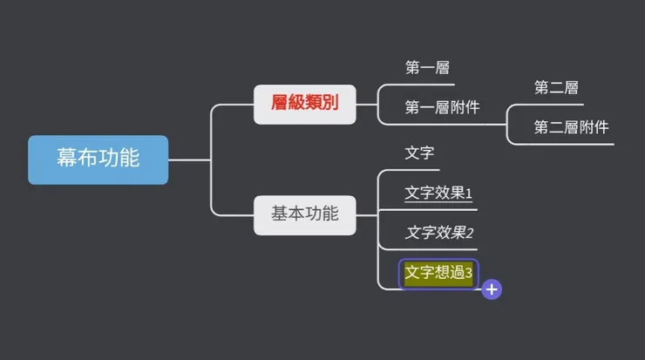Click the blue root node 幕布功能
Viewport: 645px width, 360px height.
coord(98,159)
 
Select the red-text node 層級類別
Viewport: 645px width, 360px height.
coord(305,104)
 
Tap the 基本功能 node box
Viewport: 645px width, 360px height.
coord(305,214)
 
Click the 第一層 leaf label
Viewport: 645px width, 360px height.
coord(427,67)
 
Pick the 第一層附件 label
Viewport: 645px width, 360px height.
coord(442,108)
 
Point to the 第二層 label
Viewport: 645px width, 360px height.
coord(557,87)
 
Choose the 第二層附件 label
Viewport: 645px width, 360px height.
coord(571,127)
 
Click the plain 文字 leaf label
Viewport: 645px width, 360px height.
coord(419,153)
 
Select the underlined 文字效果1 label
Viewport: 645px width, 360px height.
coord(438,193)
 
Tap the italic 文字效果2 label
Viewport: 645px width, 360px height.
coord(439,233)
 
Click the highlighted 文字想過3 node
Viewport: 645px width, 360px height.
coord(438,274)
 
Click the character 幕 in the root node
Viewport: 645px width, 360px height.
coord(67,159)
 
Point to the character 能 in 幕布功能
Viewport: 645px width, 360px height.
coord(129,159)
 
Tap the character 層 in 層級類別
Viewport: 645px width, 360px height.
coord(280,104)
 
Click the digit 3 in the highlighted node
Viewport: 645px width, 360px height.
coord(469,274)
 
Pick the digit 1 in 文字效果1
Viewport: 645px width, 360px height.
coord(469,193)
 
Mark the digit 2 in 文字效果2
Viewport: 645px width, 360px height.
coord(469,233)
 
